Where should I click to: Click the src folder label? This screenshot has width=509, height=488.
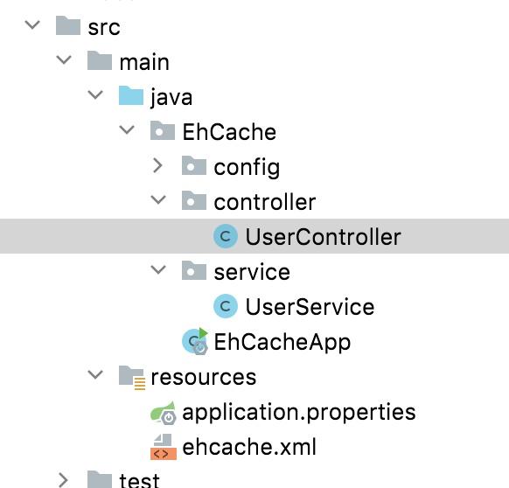tap(104, 27)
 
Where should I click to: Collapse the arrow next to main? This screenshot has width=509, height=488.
tap(64, 59)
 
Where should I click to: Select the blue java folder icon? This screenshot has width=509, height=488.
tap(131, 95)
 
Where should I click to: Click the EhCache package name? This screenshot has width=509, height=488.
tap(229, 132)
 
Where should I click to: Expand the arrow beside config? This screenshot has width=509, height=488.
tap(157, 165)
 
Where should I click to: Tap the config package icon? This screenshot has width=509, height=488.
tap(194, 165)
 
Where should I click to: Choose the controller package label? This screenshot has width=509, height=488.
tap(265, 202)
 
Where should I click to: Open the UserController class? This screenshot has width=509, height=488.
tap(323, 237)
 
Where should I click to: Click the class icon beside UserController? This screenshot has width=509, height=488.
tap(226, 236)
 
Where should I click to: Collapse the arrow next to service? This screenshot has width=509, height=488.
tap(158, 269)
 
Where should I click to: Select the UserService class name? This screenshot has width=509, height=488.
tap(310, 307)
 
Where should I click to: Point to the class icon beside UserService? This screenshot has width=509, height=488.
tap(226, 306)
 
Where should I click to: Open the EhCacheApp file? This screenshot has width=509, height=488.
tap(282, 342)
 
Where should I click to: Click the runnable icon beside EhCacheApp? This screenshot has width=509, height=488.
tap(195, 341)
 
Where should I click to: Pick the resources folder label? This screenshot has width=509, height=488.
tap(204, 377)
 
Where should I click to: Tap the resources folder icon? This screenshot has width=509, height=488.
tap(132, 377)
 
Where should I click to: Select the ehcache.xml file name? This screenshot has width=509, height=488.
tap(249, 447)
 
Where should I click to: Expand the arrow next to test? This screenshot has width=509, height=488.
tap(63, 480)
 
